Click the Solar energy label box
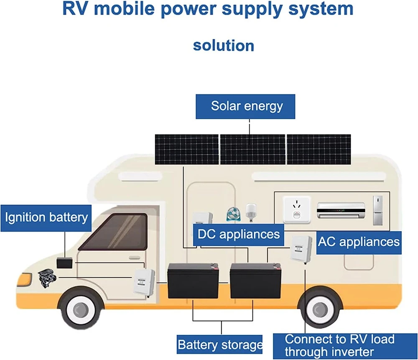coord(245,106)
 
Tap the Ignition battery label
coord(46,218)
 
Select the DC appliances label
coord(239,235)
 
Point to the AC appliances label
coord(359,243)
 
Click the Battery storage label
coord(220,345)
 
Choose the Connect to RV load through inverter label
coord(345,346)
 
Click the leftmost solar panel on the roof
coord(186,149)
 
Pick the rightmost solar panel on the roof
coord(319,149)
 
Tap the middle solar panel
coord(252,149)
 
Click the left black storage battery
coord(193,281)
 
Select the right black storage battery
coord(256,281)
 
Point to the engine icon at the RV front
coord(47,278)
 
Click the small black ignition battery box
coord(64,263)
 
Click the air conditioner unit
coord(341,210)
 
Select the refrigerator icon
coord(378,210)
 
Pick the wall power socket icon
coord(297,210)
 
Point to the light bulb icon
coord(250,212)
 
